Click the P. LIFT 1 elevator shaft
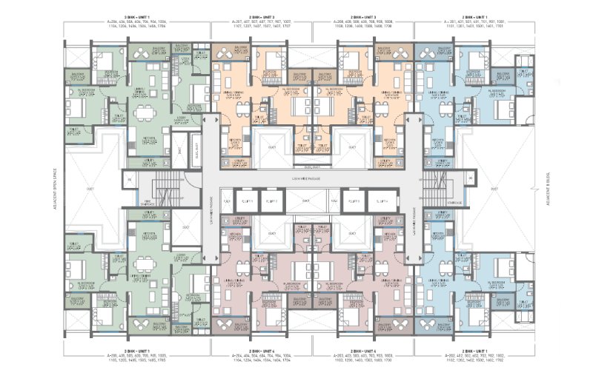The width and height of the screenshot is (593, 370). [x=228, y=201]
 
